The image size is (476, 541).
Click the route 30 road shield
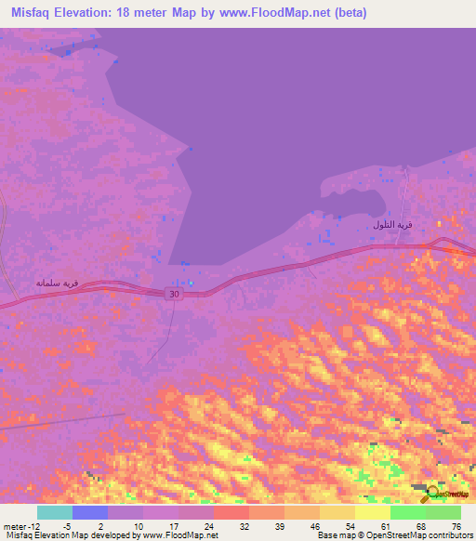tap(174, 294)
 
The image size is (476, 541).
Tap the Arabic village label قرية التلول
tap(391, 225)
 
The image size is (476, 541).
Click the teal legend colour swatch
tap(55, 512)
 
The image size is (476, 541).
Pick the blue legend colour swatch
tap(90, 512)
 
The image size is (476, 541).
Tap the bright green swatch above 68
tap(408, 512)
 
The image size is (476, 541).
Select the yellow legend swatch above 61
tap(373, 512)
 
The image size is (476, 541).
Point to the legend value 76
tap(455, 525)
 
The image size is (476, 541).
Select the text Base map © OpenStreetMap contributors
tap(394, 535)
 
